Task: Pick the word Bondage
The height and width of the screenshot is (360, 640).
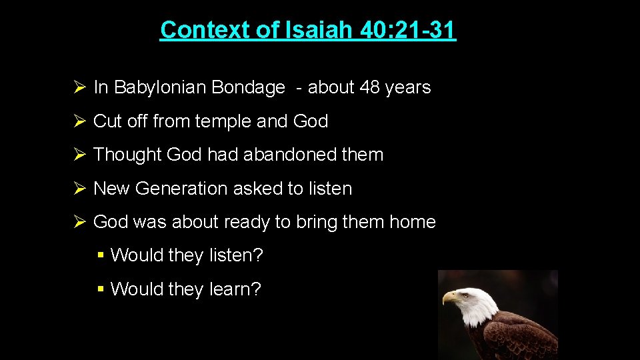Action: [x=248, y=87]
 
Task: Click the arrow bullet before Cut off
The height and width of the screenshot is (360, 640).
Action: [x=78, y=121]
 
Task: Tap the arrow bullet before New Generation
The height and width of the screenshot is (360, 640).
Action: [x=78, y=189]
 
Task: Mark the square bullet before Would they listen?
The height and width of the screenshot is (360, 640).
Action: [x=100, y=255]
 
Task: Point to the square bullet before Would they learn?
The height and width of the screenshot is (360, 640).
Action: [x=100, y=289]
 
